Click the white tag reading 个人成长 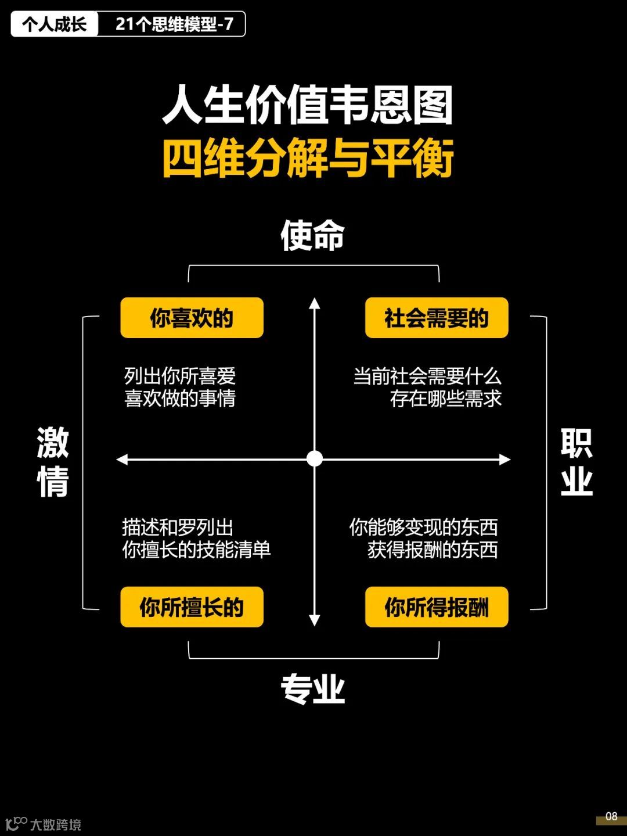point(54,24)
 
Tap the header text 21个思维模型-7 point(174,24)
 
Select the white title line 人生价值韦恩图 point(308,105)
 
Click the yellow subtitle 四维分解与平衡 point(308,158)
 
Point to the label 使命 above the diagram point(312,236)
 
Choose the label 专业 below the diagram point(312,690)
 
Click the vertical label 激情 point(53,461)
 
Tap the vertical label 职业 point(576,461)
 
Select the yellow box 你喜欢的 point(192,318)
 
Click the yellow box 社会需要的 point(436,318)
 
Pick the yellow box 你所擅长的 point(192,607)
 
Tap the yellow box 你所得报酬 point(436,607)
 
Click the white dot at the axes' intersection point(314,459)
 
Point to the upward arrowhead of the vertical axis point(314,303)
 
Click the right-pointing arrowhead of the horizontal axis point(505,460)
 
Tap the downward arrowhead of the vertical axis point(314,620)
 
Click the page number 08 point(611,816)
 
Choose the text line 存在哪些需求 point(445,399)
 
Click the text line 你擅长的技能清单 point(196,550)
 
